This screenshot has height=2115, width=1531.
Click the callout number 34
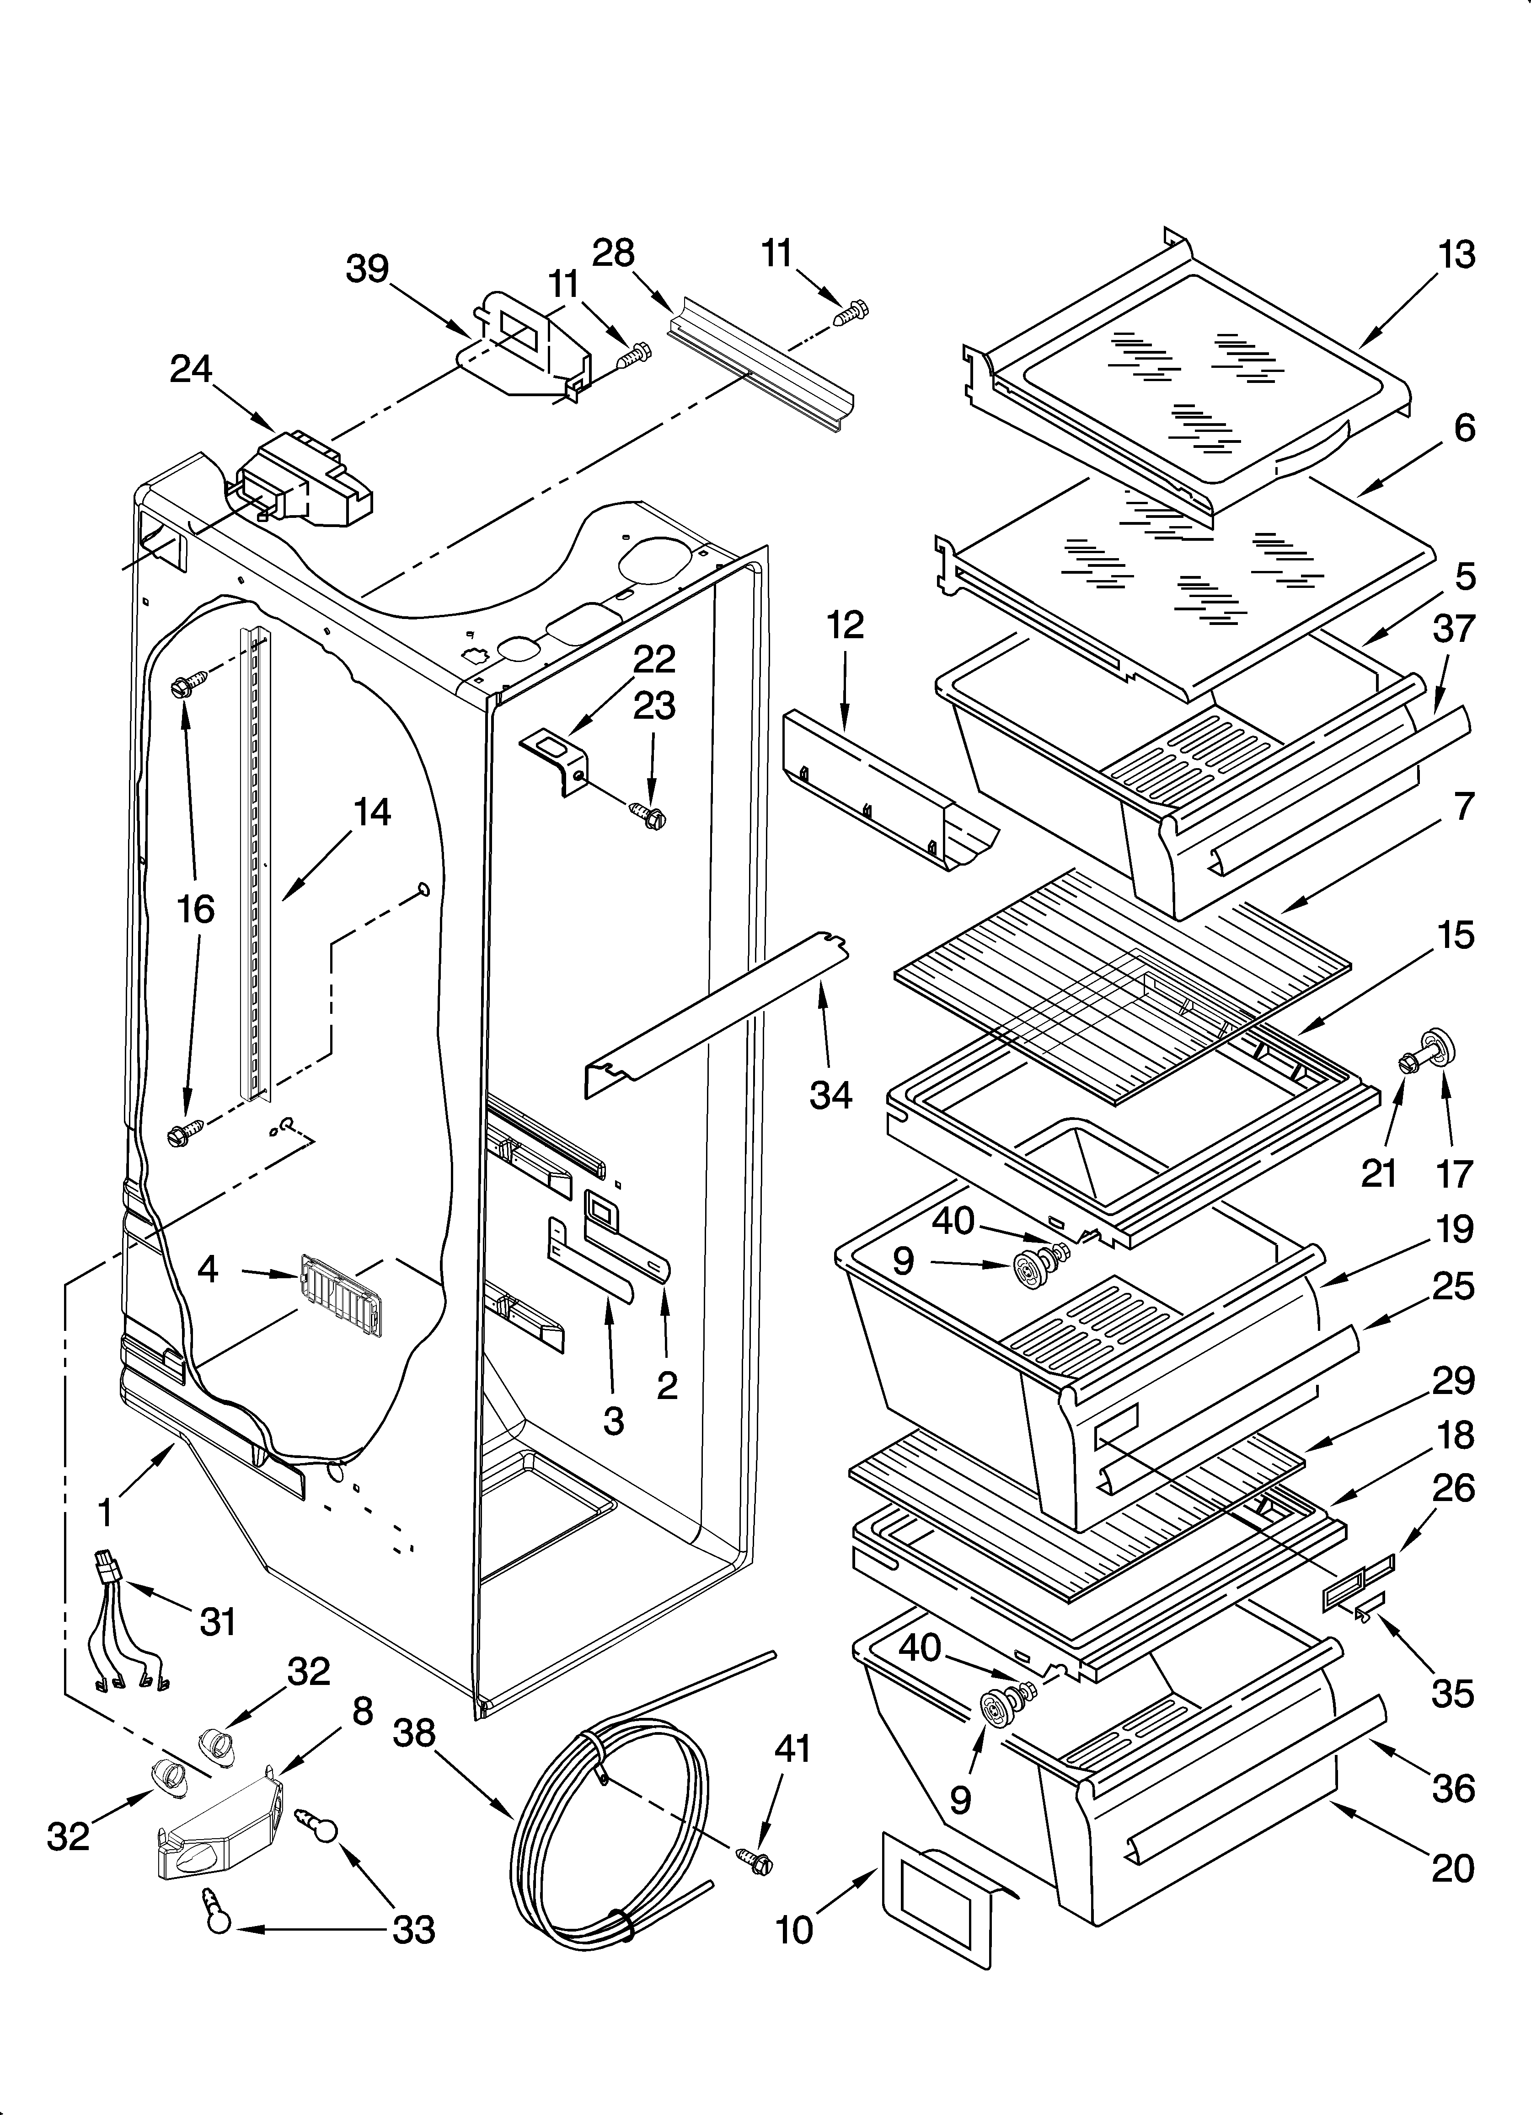[x=831, y=1094]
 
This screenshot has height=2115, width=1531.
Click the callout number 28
[x=614, y=253]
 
